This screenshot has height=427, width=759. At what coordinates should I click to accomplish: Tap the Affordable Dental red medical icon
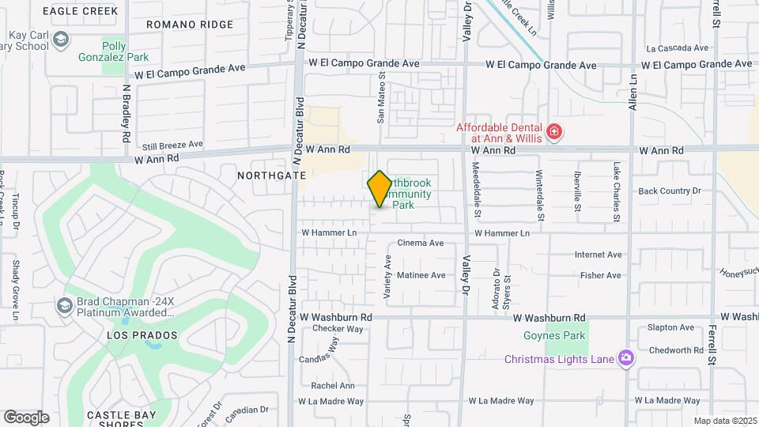coord(554,130)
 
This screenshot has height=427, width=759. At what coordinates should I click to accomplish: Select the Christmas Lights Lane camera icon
coord(625,359)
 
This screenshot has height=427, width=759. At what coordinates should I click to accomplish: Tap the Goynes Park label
coord(554,335)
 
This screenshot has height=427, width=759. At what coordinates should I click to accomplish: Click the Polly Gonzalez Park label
coord(114,51)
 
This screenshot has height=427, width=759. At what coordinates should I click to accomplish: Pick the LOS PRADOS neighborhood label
coord(140,335)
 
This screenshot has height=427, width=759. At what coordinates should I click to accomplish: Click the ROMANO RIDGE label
coord(191,25)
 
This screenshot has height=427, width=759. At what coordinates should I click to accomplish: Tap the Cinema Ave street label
coord(421,243)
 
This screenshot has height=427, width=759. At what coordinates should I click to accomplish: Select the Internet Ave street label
coord(599,255)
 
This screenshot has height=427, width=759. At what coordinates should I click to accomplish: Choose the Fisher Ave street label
coord(601,275)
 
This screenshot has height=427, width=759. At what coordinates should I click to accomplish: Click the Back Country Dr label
coord(670,191)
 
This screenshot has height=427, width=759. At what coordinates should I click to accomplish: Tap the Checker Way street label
coord(337,328)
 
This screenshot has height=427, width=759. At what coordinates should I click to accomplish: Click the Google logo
coord(26,418)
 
